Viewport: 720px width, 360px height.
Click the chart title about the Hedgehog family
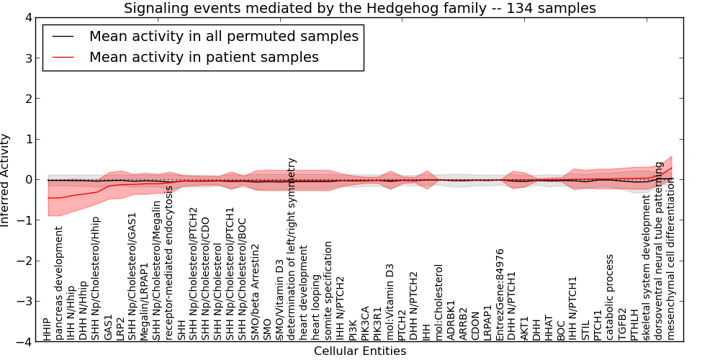coord(360,9)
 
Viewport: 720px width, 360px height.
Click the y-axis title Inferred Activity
coord(6,179)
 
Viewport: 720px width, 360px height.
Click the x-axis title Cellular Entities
coord(360,351)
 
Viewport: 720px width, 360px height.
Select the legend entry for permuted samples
coord(223,36)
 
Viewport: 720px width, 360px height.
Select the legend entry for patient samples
coord(204,57)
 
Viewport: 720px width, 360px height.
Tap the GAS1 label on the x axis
coord(109,328)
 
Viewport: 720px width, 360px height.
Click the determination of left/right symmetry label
coord(292,249)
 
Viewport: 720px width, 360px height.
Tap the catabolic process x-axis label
coord(610,297)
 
